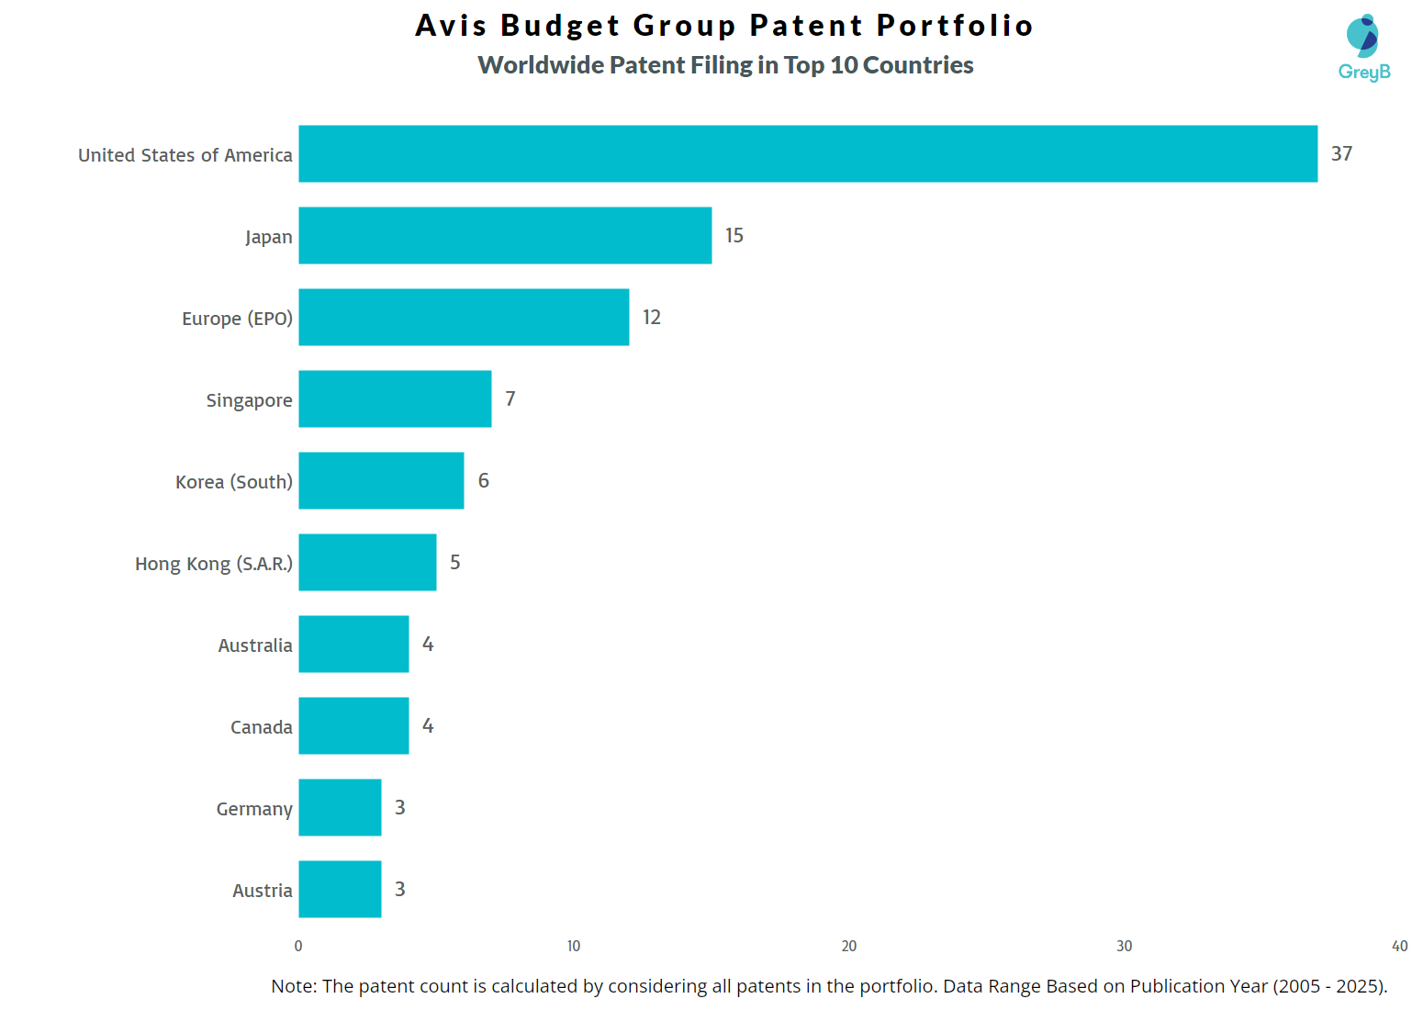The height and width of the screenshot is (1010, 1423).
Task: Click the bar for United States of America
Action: tap(808, 153)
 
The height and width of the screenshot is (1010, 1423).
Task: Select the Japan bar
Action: tap(505, 235)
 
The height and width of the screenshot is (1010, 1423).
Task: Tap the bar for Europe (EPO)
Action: tap(464, 317)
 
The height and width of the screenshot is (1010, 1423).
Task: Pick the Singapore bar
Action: tap(395, 398)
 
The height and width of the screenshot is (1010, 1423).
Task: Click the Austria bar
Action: tap(340, 889)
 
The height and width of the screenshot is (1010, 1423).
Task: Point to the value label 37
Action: tap(1341, 153)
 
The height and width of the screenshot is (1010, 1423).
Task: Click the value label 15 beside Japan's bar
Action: tap(734, 235)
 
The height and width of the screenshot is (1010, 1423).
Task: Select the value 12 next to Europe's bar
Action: tap(651, 317)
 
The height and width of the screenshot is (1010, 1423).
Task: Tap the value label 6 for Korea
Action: tap(483, 480)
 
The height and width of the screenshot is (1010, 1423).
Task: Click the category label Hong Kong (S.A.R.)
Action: tap(213, 563)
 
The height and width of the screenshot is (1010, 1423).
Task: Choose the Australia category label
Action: tap(254, 645)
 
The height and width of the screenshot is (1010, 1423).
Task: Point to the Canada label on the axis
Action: tap(261, 727)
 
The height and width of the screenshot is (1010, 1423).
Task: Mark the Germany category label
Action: tap(253, 809)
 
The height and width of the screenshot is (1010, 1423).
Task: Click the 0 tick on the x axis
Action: tap(298, 946)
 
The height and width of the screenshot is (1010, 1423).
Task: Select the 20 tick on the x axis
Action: tap(849, 946)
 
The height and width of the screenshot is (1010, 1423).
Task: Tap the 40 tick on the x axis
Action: tap(1399, 946)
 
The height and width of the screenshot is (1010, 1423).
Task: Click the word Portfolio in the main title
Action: tap(955, 25)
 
